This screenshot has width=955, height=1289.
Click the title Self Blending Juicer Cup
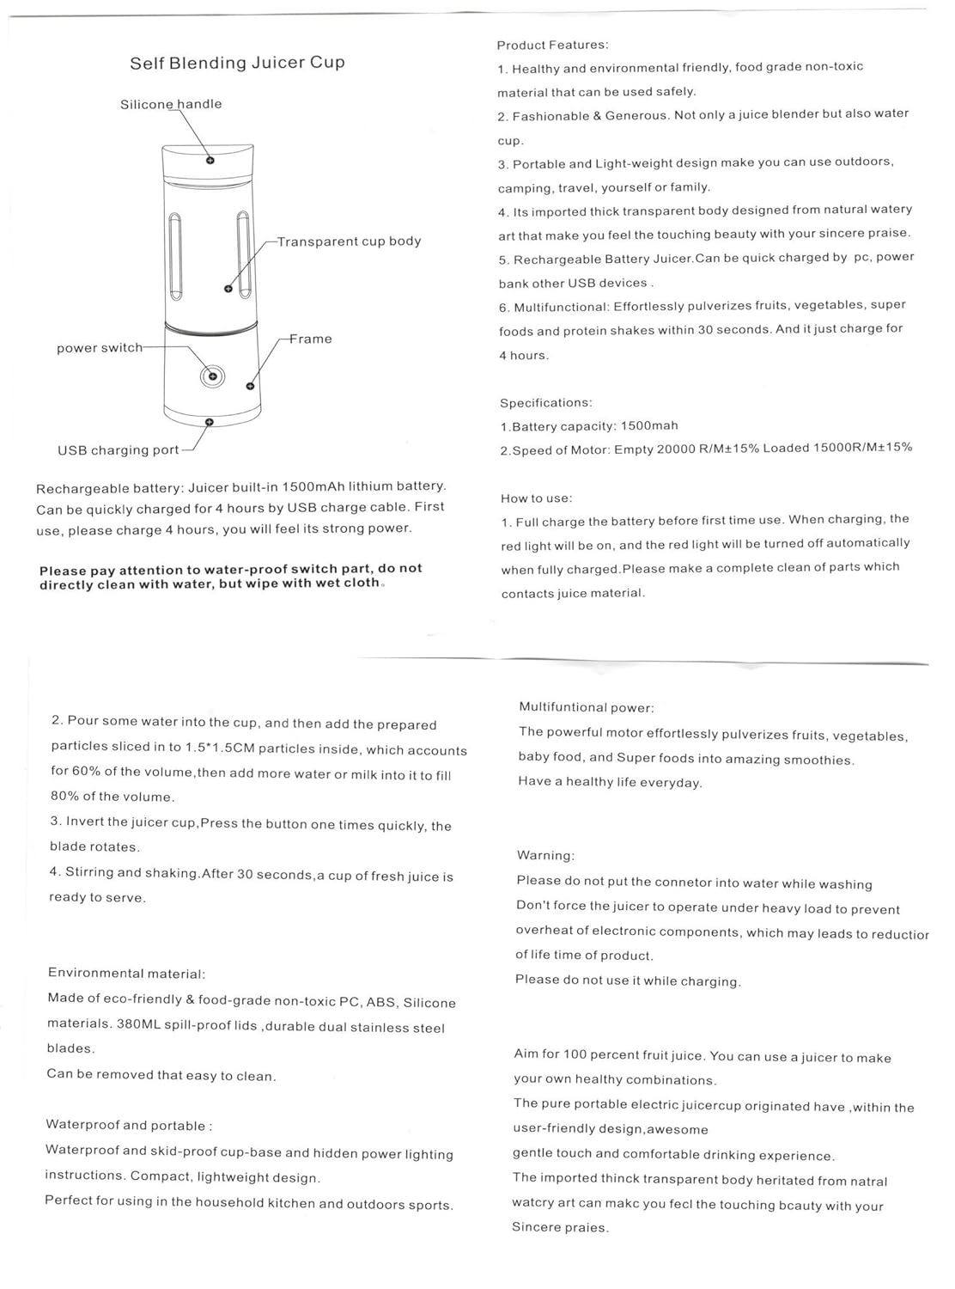pyautogui.click(x=237, y=63)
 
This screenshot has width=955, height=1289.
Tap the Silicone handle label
pyautogui.click(x=171, y=104)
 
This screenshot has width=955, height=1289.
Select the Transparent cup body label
pyautogui.click(x=349, y=241)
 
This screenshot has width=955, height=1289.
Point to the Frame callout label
pyautogui.click(x=310, y=339)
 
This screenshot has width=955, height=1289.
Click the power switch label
pyautogui.click(x=100, y=348)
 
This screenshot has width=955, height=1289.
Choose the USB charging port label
pyautogui.click(x=119, y=450)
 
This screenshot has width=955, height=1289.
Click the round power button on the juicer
pyautogui.click(x=212, y=376)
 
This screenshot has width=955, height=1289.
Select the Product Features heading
pyautogui.click(x=552, y=45)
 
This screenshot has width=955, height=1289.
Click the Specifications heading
pyautogui.click(x=546, y=402)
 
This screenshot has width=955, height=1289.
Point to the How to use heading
pyautogui.click(x=537, y=498)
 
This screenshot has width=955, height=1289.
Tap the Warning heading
pyautogui.click(x=546, y=855)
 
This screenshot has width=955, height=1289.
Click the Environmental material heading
pyautogui.click(x=127, y=974)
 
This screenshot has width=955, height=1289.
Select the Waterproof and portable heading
pyautogui.click(x=129, y=1126)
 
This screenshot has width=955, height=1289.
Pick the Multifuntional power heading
pyautogui.click(x=587, y=707)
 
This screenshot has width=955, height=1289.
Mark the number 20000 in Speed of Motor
pyautogui.click(x=677, y=449)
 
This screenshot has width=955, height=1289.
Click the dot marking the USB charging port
pyautogui.click(x=209, y=422)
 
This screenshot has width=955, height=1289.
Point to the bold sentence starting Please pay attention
pyautogui.click(x=231, y=576)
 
